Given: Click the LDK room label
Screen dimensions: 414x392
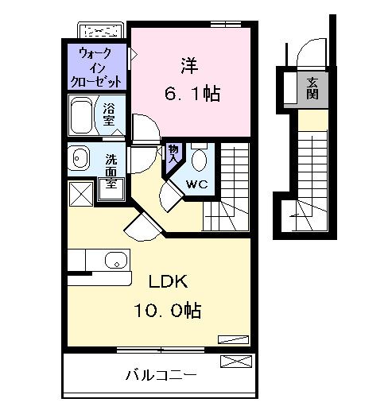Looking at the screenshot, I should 169,281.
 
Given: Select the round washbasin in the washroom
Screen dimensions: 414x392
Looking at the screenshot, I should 80,158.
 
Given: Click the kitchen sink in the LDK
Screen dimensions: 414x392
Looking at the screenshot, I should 116,259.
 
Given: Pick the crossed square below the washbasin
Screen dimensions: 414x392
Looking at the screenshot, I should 80,194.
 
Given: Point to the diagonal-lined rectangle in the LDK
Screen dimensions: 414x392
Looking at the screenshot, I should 233,338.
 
